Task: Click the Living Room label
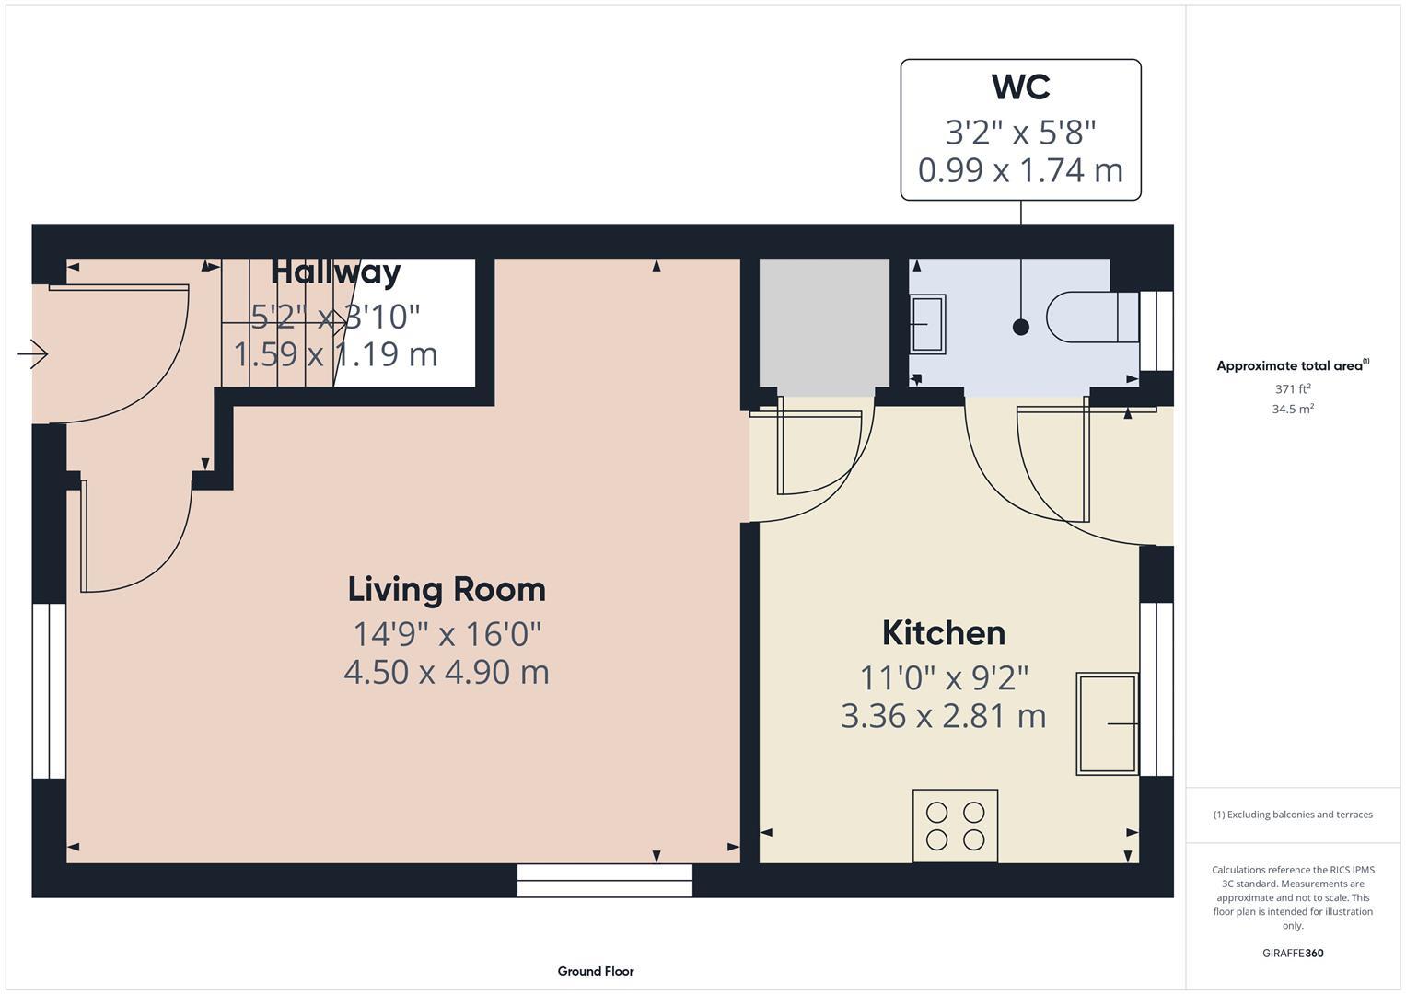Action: click(447, 589)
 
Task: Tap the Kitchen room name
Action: click(943, 633)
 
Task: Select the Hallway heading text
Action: click(335, 272)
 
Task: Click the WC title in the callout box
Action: click(1020, 87)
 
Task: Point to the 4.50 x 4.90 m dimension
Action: click(447, 672)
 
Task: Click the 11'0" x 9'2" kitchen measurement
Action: click(943, 678)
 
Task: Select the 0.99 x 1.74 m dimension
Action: click(1020, 170)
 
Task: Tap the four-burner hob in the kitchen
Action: click(955, 826)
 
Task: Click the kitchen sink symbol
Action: click(1107, 723)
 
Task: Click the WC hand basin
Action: click(927, 324)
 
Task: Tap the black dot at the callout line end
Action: click(1020, 327)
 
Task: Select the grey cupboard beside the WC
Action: click(824, 322)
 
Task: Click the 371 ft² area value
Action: click(1293, 389)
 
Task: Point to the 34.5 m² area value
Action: click(1293, 410)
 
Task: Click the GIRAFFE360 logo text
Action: click(1293, 954)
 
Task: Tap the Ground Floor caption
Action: click(596, 971)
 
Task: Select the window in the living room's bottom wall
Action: click(604, 880)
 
